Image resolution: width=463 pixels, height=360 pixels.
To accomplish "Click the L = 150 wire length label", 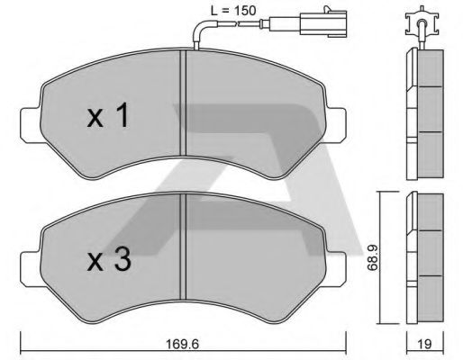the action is tap(233, 11).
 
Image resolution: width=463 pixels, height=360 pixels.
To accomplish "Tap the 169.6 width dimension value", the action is tap(183, 344).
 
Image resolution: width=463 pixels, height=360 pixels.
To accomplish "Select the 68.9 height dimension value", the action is tap(372, 257).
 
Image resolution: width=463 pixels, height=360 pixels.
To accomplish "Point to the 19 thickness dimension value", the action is tap(424, 344).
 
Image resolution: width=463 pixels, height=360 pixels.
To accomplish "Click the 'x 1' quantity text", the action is tap(108, 115).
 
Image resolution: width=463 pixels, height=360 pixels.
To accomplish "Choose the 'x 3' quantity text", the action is tap(109, 259).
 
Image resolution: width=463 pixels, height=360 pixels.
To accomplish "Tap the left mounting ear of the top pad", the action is tap(30, 125).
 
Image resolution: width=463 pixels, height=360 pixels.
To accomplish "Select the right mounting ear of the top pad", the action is tap(336, 125).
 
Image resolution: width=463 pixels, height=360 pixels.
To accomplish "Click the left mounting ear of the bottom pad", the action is tap(30, 269).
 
